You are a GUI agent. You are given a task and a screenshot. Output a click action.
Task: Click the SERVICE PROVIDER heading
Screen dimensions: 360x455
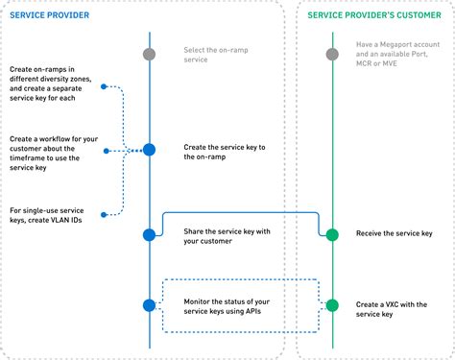point(51,14)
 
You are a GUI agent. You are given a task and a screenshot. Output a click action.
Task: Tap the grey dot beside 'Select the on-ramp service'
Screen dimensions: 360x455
point(149,55)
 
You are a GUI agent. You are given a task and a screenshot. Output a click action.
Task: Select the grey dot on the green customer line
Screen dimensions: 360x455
point(332,55)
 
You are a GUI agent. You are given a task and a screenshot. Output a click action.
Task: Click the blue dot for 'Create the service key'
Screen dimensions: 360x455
point(149,150)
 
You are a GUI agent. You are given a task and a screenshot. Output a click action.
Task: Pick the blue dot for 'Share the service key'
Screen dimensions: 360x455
point(149,234)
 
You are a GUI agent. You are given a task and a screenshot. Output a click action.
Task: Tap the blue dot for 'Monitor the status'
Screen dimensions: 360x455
point(149,305)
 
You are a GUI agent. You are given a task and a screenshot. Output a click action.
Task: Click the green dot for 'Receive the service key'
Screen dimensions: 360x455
point(332,234)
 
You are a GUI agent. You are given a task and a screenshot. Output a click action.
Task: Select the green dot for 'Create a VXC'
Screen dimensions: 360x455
point(332,305)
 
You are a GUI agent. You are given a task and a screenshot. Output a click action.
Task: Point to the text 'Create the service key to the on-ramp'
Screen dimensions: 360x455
point(224,151)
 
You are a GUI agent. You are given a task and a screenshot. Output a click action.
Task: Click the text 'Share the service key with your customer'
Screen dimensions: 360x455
point(225,235)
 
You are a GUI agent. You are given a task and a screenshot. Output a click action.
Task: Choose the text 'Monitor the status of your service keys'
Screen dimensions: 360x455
point(223,306)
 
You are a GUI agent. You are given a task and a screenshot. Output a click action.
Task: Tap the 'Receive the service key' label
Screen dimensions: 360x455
point(394,233)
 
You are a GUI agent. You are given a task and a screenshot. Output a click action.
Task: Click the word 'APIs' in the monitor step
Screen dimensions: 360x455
point(253,312)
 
